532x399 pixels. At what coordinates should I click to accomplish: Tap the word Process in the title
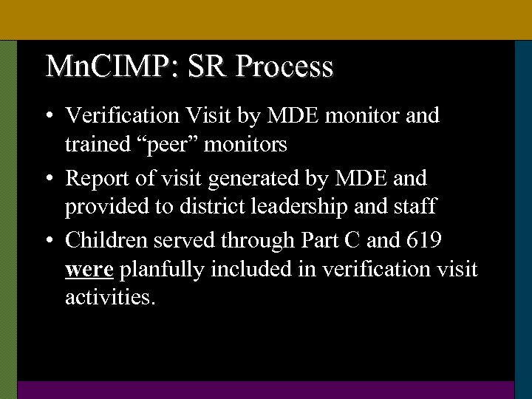click(285, 66)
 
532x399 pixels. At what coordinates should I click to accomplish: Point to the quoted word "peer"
click(170, 145)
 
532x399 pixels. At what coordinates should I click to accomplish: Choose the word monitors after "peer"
click(246, 145)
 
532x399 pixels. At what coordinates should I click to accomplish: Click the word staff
click(415, 208)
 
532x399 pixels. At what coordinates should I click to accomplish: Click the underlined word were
click(89, 270)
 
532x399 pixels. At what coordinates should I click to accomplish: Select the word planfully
click(162, 270)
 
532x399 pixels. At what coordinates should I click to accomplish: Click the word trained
click(97, 145)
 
